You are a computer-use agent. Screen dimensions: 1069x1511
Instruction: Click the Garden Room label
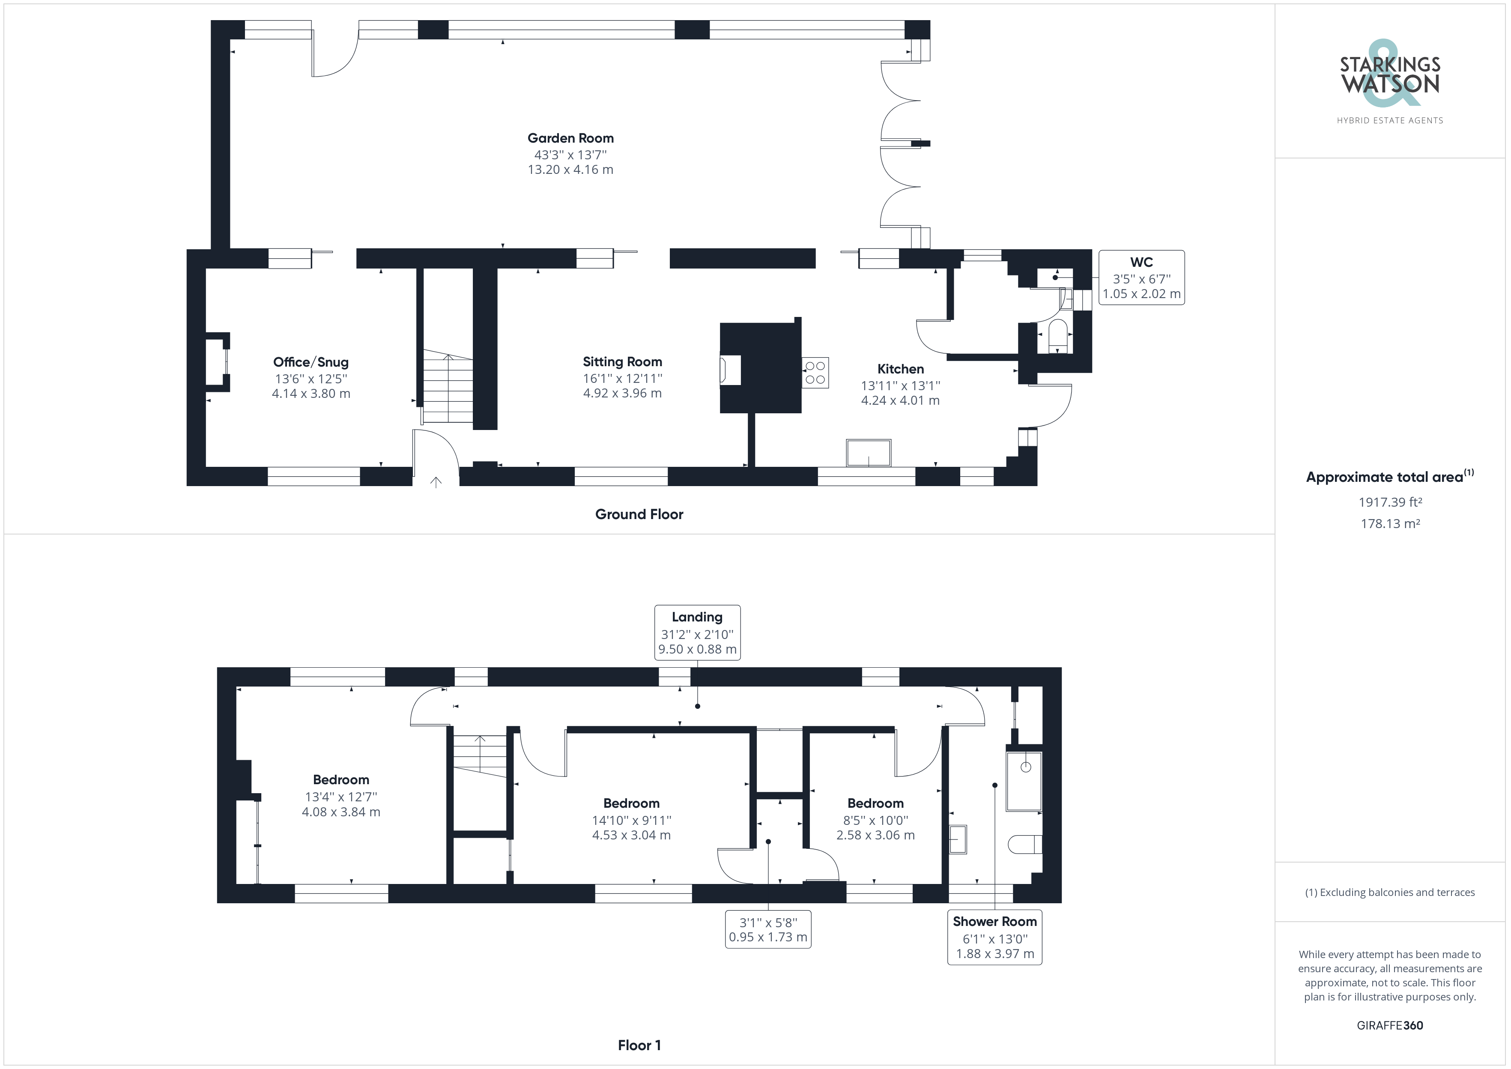click(570, 138)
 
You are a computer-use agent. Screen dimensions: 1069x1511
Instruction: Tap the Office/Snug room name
click(311, 362)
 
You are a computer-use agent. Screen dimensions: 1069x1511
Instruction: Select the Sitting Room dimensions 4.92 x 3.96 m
click(622, 394)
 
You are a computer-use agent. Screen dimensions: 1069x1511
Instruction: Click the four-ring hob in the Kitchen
click(815, 373)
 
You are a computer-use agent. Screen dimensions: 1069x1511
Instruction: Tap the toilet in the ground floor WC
click(1057, 335)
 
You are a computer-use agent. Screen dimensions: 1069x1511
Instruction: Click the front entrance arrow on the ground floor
click(436, 483)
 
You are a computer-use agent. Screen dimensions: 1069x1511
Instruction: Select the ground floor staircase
click(448, 388)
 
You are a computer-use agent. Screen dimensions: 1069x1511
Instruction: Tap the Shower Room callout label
click(994, 922)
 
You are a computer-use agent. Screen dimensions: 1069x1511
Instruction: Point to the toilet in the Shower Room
click(1024, 844)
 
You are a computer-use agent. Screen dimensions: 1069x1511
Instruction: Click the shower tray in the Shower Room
click(1024, 781)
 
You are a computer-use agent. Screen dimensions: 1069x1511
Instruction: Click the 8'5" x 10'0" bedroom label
click(875, 819)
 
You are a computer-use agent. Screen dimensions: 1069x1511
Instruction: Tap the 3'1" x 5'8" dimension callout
click(768, 929)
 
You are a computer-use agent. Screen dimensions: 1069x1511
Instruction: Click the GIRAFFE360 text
click(1389, 1025)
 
